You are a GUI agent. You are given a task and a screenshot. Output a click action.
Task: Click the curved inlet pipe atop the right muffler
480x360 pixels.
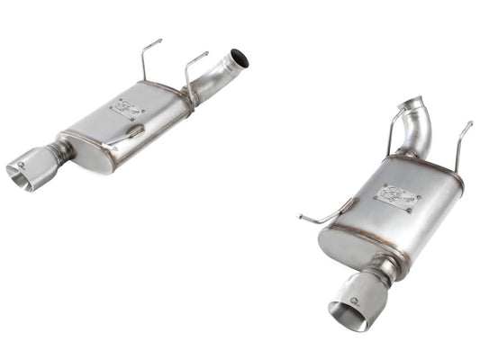(x=415, y=131)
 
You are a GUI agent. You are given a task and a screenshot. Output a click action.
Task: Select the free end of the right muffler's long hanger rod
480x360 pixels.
(x=300, y=218)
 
